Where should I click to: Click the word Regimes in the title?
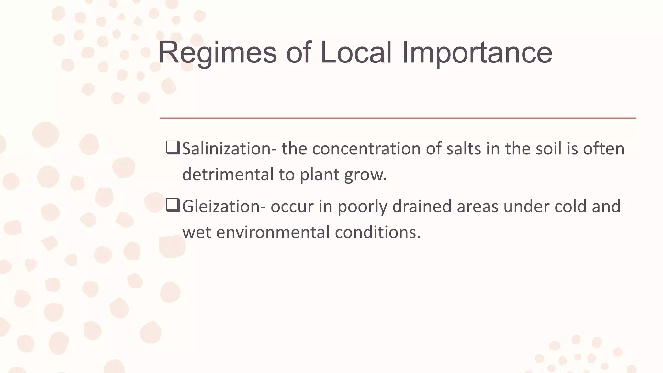(x=217, y=53)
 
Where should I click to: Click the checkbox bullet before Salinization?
(x=173, y=148)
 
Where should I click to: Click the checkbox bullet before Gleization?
(x=173, y=206)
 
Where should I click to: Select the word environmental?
(x=272, y=232)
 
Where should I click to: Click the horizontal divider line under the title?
(x=398, y=119)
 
